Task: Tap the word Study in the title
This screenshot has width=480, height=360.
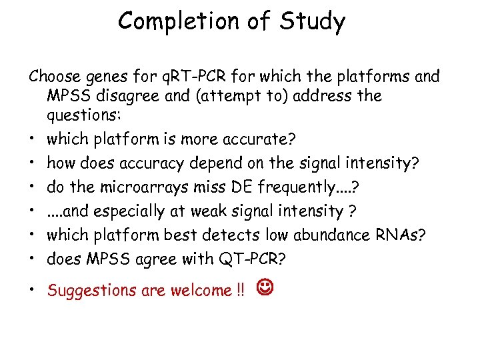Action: point(312,21)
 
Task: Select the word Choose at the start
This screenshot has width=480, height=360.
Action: point(53,77)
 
